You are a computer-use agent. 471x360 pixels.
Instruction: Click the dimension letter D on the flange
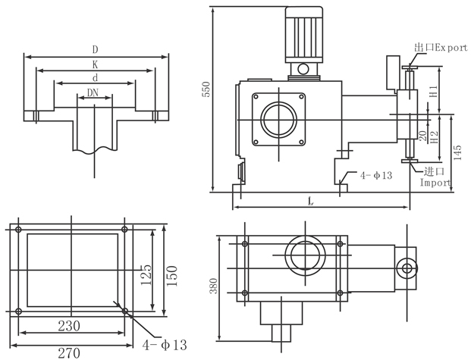95,50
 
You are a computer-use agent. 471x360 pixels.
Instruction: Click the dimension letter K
94,64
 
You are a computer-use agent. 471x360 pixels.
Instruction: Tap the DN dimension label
93,92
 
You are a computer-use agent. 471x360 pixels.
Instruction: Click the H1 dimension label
434,93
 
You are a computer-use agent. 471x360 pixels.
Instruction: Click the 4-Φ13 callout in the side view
375,176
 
